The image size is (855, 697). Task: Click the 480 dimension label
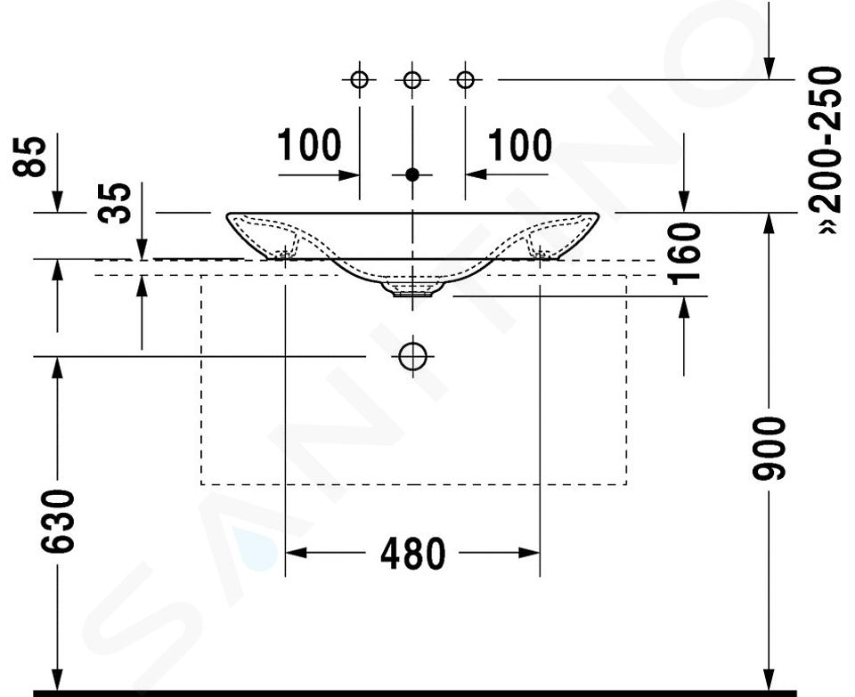coord(412,553)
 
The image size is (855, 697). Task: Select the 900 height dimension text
coord(769,449)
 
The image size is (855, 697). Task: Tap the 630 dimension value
coord(58,522)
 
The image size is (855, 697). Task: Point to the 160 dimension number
coord(685,254)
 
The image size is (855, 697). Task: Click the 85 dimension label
coord(29,157)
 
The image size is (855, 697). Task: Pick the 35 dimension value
coord(115,203)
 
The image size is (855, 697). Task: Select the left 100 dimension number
coord(309,145)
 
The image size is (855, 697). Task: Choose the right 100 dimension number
coord(519,145)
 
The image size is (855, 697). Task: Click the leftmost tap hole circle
coord(359,79)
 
